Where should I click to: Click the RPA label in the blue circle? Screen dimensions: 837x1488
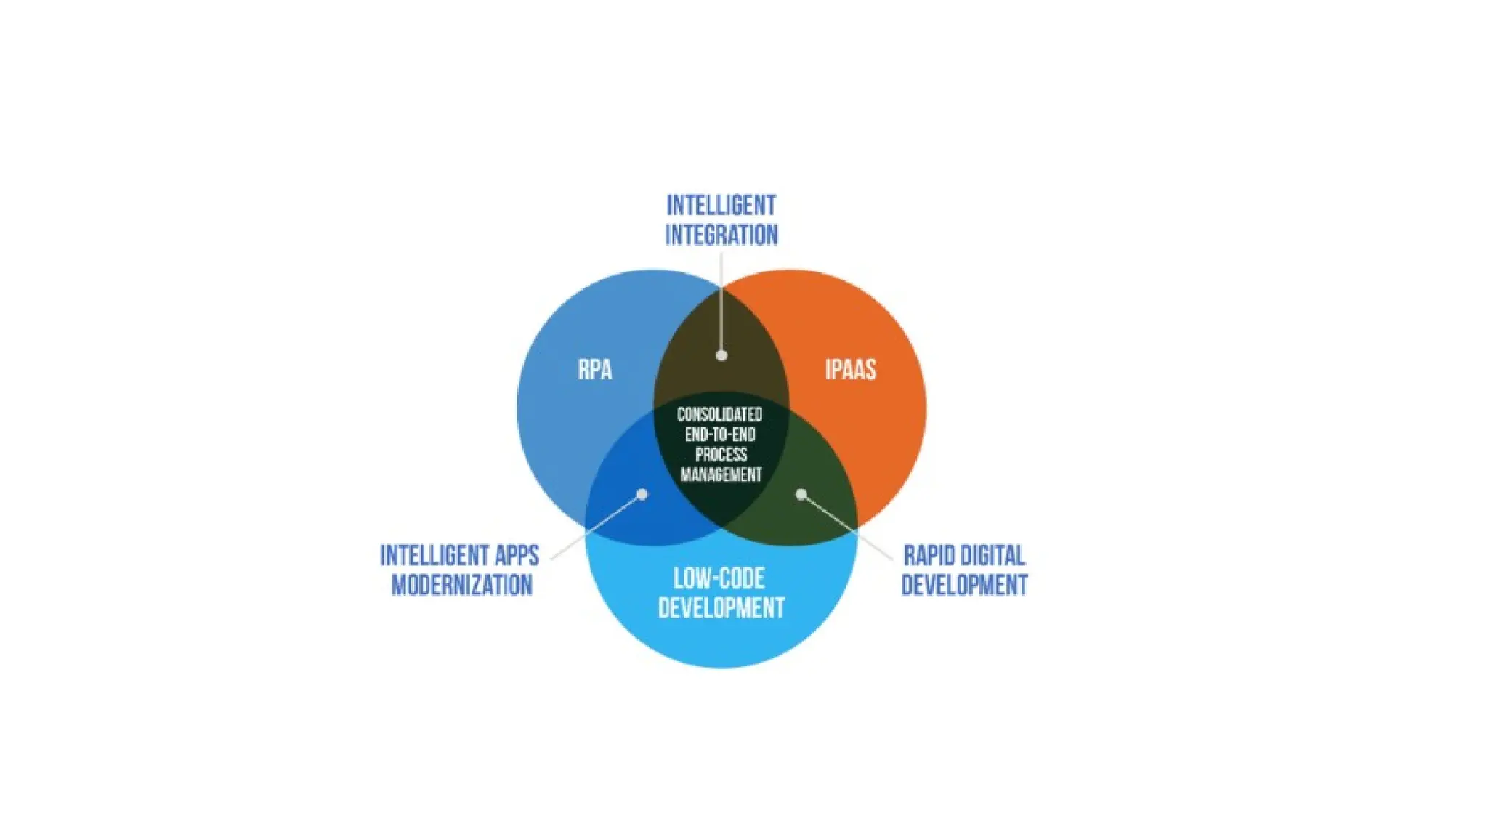point(594,370)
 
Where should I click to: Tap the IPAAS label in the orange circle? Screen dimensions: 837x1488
point(850,370)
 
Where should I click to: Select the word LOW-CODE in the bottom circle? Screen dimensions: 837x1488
point(719,578)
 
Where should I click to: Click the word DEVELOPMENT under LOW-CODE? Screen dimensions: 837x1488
point(721,608)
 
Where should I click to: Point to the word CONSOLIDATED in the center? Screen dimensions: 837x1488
point(719,415)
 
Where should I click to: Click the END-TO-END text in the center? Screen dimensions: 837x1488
point(720,434)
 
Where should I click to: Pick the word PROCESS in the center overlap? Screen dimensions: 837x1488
point(721,455)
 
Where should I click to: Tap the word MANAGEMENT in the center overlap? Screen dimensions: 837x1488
point(721,475)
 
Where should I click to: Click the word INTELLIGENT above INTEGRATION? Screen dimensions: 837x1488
point(721,206)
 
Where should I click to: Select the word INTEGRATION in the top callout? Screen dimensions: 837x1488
point(721,235)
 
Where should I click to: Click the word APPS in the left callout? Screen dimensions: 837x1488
point(517,556)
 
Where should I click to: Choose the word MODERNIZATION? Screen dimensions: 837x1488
point(461,585)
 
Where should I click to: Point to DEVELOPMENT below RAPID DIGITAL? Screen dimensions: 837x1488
point(964,585)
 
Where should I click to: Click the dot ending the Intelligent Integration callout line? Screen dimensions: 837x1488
point(721,355)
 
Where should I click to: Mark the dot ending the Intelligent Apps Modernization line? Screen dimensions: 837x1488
point(642,494)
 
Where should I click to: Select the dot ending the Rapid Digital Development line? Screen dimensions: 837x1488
point(801,494)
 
